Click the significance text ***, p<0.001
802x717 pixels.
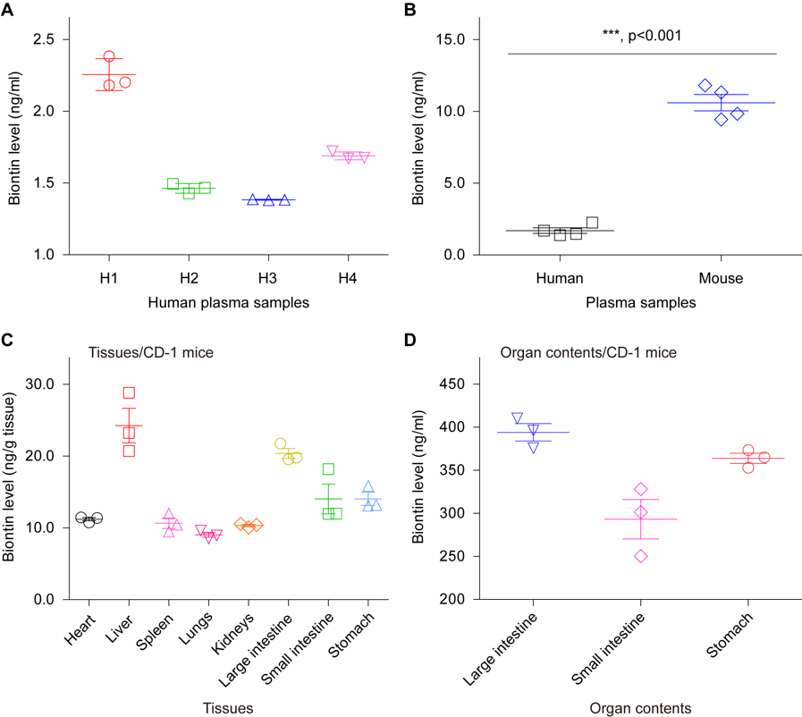click(x=642, y=36)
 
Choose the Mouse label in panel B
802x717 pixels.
click(x=722, y=278)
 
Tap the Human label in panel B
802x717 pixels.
click(x=560, y=278)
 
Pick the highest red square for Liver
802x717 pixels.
click(x=129, y=392)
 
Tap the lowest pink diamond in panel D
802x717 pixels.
click(x=641, y=556)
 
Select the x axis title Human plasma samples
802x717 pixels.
click(x=228, y=302)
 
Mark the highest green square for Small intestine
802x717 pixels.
click(x=328, y=469)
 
